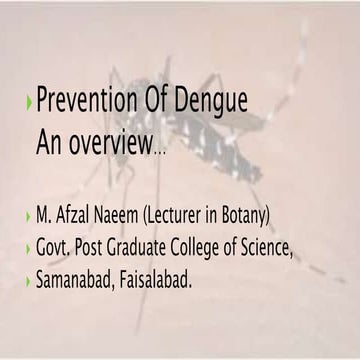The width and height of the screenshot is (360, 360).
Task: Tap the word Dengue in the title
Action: pyautogui.click(x=211, y=101)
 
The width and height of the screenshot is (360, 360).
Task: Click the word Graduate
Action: pyautogui.click(x=136, y=248)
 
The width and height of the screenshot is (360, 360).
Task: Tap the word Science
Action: pyautogui.click(x=266, y=247)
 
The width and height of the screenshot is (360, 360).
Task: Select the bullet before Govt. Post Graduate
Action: pyautogui.click(x=28, y=249)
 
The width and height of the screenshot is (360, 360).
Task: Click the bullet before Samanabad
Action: pyautogui.click(x=28, y=280)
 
